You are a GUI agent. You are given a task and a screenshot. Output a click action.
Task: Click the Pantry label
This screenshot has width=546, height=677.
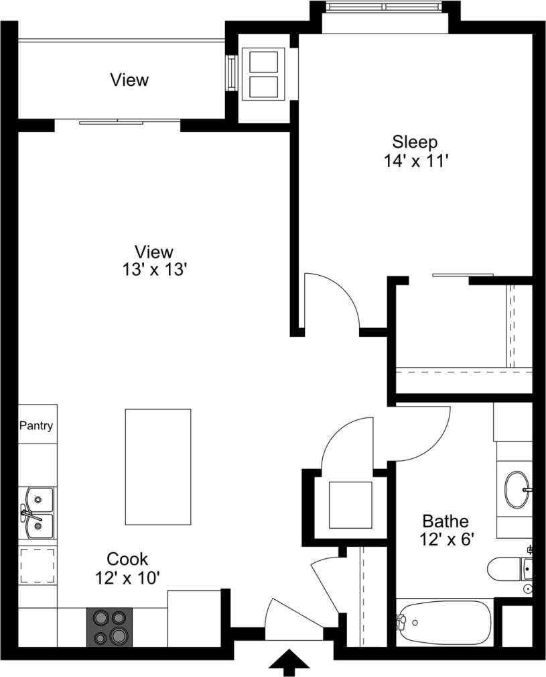pyautogui.click(x=36, y=425)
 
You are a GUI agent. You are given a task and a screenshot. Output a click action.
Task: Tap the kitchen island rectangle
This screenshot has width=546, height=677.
pyautogui.click(x=157, y=466)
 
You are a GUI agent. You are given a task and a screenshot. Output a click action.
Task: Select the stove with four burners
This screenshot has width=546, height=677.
pyautogui.click(x=110, y=627)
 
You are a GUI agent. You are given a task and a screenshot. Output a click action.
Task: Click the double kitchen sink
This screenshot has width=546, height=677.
pyautogui.click(x=38, y=513)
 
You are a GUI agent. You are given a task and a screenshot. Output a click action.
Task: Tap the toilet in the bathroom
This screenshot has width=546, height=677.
pyautogui.click(x=509, y=570)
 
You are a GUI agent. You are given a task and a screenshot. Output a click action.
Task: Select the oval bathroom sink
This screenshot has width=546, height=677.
pyautogui.click(x=516, y=490)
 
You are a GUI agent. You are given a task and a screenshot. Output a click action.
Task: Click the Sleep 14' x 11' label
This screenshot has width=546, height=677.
pyautogui.click(x=415, y=151)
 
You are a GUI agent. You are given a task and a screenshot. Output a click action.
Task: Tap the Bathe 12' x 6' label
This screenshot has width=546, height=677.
pyautogui.click(x=445, y=529)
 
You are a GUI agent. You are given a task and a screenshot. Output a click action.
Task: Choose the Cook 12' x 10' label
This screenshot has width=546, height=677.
pyautogui.click(x=127, y=567)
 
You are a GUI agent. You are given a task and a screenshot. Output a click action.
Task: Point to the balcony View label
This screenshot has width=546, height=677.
pyautogui.click(x=129, y=81)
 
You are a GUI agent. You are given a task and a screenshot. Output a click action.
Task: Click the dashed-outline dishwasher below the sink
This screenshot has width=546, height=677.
pyautogui.click(x=38, y=566)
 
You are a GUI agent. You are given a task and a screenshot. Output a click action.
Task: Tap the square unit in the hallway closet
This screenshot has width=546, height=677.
pyautogui.click(x=349, y=503)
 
